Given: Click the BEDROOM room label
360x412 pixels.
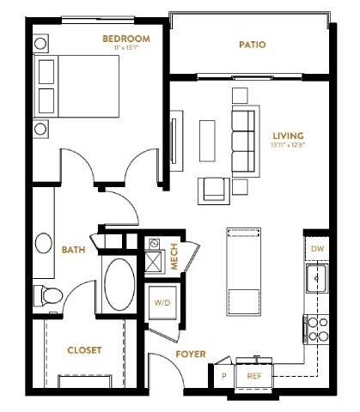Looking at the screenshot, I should click(126, 39).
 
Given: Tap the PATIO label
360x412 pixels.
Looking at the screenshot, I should click(251, 45).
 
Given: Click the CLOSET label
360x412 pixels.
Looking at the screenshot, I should click(84, 350).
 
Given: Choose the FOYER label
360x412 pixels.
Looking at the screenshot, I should click(189, 353).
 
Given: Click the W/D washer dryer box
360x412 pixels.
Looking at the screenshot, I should click(162, 303).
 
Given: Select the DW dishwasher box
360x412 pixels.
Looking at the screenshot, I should click(316, 249).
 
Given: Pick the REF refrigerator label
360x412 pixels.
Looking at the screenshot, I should click(254, 376).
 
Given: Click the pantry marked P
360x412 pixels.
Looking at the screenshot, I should click(224, 376).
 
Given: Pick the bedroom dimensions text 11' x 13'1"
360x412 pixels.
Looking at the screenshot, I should click(126, 48).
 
